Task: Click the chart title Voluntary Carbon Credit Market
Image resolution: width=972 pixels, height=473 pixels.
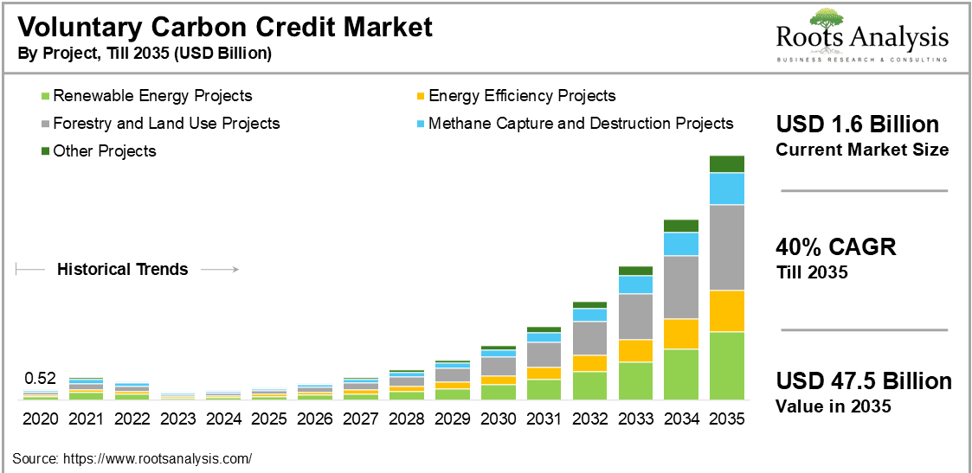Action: [225, 27]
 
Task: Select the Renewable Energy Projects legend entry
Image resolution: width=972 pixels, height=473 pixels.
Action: [152, 96]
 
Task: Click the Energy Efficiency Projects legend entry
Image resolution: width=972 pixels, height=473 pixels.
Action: [522, 96]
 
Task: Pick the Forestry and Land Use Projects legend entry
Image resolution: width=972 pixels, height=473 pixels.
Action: [166, 124]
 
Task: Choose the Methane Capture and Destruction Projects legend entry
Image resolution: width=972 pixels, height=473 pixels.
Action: [581, 124]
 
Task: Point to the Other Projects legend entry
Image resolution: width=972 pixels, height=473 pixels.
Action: [104, 151]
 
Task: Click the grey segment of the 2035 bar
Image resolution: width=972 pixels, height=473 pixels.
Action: [727, 247]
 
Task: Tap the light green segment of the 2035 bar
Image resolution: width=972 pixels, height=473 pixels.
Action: [727, 365]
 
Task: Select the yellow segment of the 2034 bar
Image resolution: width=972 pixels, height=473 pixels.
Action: [681, 334]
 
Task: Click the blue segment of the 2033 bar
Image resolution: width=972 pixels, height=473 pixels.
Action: [635, 284]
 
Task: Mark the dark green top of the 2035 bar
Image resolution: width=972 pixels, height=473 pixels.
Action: [727, 163]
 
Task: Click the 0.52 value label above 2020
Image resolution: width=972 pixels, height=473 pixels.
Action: [40, 378]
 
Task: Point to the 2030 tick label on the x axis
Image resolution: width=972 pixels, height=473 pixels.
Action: [498, 419]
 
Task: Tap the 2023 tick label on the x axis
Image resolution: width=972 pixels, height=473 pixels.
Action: [177, 419]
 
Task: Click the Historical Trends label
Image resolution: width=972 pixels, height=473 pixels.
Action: [122, 270]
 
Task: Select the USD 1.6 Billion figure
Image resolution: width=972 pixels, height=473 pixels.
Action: [857, 125]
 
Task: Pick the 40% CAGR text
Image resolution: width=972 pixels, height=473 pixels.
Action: [835, 247]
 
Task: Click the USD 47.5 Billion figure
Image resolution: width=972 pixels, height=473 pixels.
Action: [863, 381]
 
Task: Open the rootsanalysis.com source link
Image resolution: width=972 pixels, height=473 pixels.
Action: [160, 458]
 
